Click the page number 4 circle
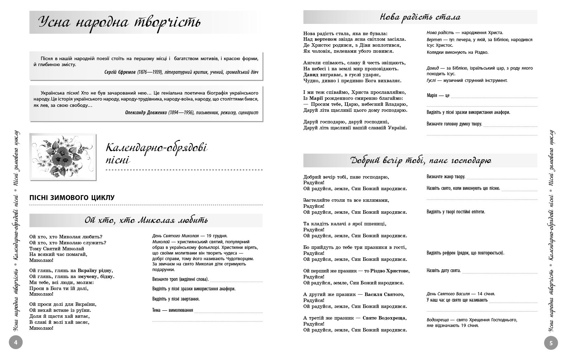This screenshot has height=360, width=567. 15,342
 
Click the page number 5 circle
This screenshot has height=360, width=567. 551,343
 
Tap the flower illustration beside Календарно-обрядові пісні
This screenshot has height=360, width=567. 63,157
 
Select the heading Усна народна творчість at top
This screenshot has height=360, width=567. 119,22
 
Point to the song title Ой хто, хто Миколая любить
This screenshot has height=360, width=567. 146,220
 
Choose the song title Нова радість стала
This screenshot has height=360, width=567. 420,17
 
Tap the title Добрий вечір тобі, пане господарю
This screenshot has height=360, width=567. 421,161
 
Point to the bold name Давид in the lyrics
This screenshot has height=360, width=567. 311,75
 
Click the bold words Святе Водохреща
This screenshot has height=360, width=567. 384,318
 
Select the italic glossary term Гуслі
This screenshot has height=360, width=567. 431,81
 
